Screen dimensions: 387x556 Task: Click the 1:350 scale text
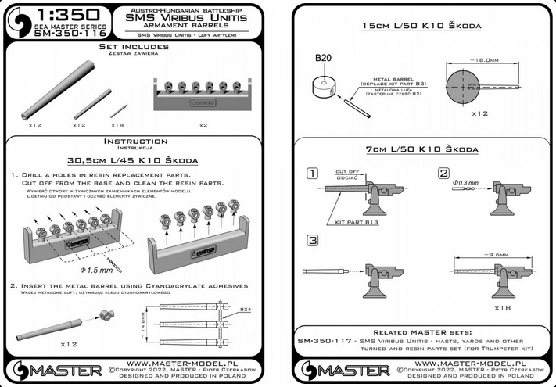(69, 14)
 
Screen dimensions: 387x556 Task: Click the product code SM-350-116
(69, 35)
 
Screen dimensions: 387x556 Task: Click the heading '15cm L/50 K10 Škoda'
(426, 26)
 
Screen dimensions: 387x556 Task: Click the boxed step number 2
(444, 173)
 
